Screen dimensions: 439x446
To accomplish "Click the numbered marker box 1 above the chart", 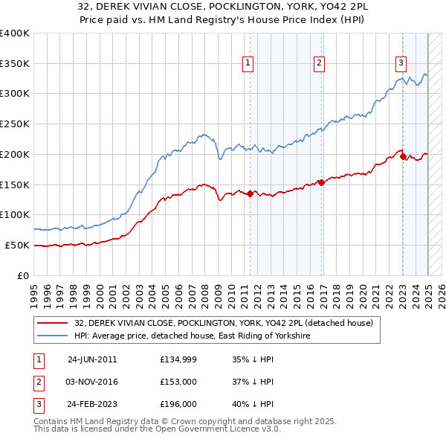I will [247, 63].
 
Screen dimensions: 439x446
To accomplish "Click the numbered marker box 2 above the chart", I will [318, 63].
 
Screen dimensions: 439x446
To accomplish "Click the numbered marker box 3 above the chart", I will [401, 63].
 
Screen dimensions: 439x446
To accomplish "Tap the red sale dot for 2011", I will [250, 193].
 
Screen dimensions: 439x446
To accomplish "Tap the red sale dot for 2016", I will [320, 182].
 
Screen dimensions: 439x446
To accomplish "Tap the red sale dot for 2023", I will [402, 156].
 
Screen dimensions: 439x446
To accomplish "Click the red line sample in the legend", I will [52, 323].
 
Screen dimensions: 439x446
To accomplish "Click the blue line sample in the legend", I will [52, 336].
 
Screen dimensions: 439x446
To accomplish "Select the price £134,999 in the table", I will [177, 358].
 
